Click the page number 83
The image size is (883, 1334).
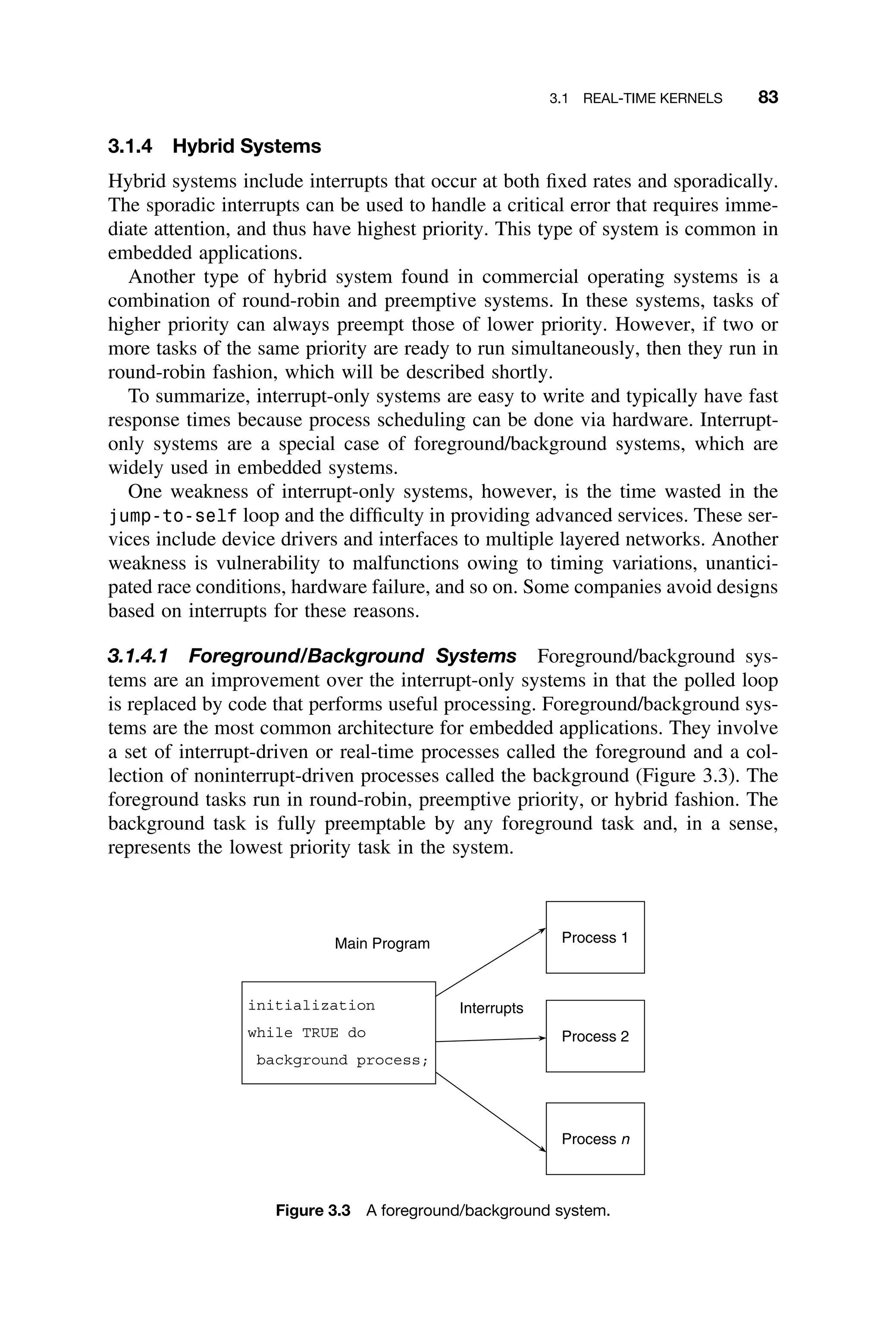[767, 98]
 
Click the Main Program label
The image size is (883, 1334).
[382, 944]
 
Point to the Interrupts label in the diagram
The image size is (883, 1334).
[491, 1008]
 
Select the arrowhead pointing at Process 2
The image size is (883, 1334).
[542, 1038]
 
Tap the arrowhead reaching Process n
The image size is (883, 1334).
[543, 1149]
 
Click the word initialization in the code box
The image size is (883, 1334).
[311, 1006]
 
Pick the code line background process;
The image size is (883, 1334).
[342, 1060]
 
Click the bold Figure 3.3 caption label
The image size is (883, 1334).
[313, 1211]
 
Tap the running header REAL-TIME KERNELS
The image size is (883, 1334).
[652, 99]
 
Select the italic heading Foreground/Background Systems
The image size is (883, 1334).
[352, 656]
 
